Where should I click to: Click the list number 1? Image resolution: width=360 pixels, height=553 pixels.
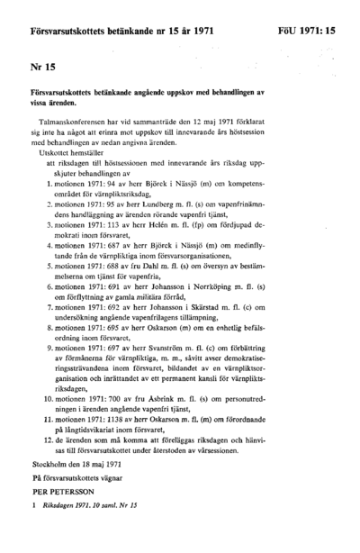[x=47, y=183]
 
